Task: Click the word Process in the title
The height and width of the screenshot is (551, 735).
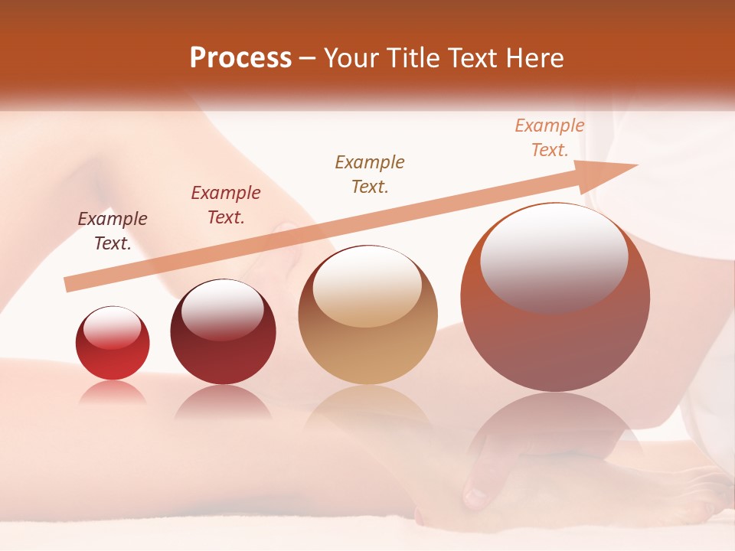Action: (240, 58)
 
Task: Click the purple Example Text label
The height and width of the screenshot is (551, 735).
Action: (113, 230)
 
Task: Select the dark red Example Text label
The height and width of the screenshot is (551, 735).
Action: (226, 205)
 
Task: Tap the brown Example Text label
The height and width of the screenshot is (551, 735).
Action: (370, 174)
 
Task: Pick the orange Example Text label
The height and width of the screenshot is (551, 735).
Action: (550, 138)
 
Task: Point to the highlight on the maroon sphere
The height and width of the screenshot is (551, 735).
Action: (222, 310)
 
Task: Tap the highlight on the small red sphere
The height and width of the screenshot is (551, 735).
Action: (112, 328)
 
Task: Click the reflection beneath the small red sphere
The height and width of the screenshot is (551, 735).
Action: (113, 393)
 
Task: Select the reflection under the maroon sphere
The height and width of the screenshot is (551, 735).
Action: (223, 402)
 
